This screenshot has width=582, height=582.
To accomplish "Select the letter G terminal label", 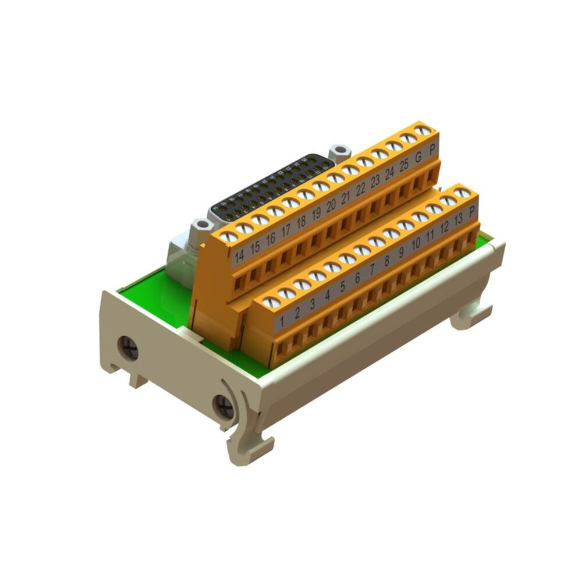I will pyautogui.click(x=418, y=155).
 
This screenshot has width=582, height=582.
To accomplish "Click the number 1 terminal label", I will pyautogui.click(x=282, y=321).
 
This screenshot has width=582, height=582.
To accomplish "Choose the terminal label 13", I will pyautogui.click(x=457, y=219).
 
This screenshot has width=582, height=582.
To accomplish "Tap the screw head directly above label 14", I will pyautogui.click(x=230, y=236).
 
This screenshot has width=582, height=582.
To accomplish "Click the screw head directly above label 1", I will pyautogui.click(x=271, y=302).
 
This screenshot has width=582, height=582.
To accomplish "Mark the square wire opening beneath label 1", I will pyautogui.click(x=283, y=349).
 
